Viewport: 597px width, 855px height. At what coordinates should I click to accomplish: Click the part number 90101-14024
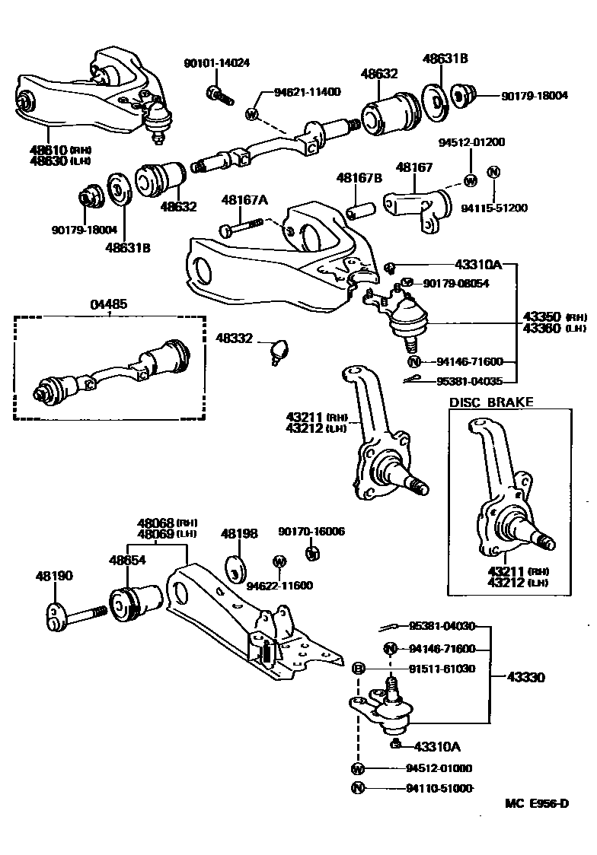tap(216, 63)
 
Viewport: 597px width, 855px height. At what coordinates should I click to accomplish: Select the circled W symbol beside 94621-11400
tap(252, 114)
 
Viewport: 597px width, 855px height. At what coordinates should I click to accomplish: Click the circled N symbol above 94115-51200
tap(493, 172)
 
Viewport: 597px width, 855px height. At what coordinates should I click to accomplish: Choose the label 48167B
tap(359, 178)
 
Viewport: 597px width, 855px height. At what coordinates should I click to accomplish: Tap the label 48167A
tap(244, 200)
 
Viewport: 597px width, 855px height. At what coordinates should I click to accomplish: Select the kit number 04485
tap(109, 304)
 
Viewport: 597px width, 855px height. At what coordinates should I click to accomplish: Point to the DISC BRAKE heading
tap(491, 402)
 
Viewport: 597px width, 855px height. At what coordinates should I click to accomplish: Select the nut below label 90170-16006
tap(311, 553)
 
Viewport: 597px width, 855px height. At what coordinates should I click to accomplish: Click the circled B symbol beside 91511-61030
tap(358, 669)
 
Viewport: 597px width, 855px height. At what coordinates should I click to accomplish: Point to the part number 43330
tap(524, 676)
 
